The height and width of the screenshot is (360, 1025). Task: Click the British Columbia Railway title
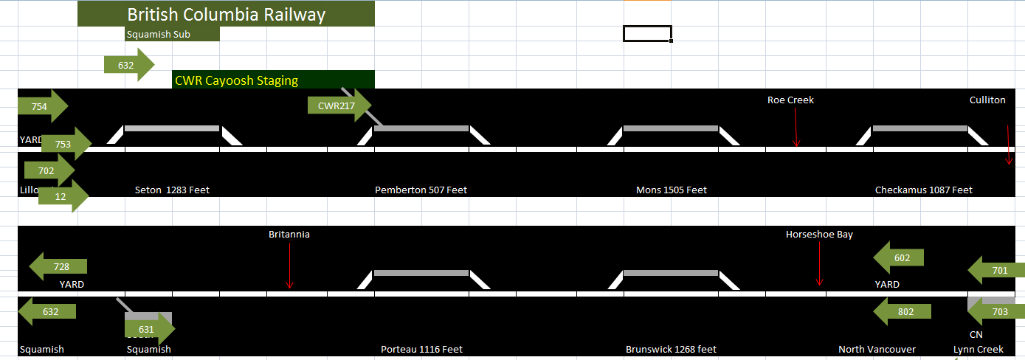click(226, 15)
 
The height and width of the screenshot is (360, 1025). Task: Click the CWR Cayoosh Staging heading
click(236, 80)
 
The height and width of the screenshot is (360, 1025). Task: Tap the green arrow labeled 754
click(41, 107)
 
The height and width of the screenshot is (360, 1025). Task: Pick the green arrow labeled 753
click(65, 145)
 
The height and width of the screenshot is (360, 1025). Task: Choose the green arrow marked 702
click(48, 170)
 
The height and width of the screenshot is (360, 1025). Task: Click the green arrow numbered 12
click(62, 197)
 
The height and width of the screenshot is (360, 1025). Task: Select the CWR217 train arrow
click(338, 106)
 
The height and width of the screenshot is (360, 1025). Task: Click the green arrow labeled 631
click(148, 329)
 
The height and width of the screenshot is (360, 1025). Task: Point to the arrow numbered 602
click(900, 258)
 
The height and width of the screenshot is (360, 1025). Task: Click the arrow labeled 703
click(997, 312)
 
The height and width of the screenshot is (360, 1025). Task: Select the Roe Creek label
click(790, 100)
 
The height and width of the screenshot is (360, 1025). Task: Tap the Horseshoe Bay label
click(819, 235)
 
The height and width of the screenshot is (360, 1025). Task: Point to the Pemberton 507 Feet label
click(421, 190)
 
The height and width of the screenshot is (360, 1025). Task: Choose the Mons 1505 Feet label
click(671, 190)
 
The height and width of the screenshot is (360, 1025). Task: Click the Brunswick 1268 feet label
click(670, 350)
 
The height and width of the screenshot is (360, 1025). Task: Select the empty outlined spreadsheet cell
click(647, 34)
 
